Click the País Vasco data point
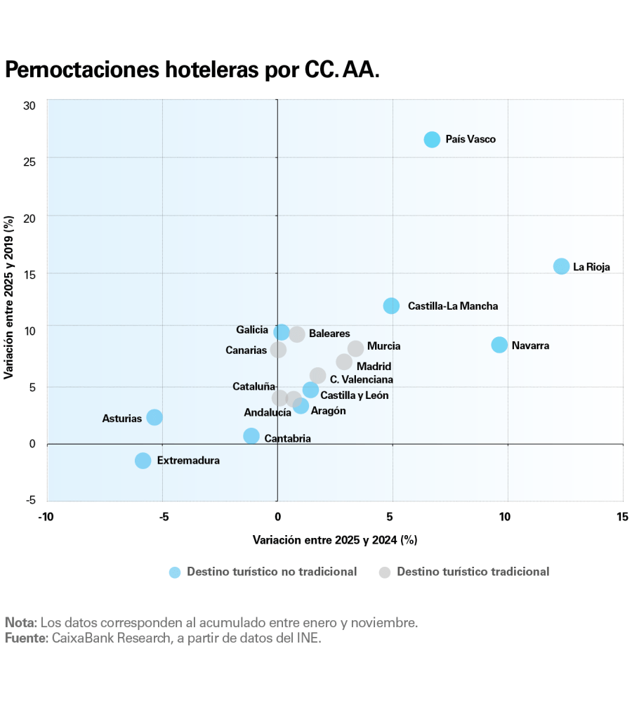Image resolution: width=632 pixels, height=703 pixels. point(432,139)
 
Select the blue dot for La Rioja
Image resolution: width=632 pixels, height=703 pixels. point(561,266)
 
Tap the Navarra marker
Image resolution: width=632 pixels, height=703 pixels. point(499,345)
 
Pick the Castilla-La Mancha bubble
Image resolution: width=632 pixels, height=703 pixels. point(391,305)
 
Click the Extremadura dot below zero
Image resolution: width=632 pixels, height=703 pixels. point(143,461)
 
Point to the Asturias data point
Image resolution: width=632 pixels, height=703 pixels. point(154,417)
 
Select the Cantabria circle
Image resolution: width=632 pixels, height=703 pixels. point(251,436)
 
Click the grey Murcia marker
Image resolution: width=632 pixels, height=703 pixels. point(356,348)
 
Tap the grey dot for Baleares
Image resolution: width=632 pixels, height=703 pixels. point(297,334)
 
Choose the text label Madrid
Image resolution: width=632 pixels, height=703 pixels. point(374,366)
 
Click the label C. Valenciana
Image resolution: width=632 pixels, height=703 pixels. point(362,379)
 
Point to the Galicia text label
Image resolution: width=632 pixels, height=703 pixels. point(252,329)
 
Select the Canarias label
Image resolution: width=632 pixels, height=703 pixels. point(246,350)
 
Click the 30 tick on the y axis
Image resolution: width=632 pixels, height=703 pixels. point(29,106)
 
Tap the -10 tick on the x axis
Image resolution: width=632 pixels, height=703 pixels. point(46,518)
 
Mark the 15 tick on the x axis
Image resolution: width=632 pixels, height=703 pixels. point(622,518)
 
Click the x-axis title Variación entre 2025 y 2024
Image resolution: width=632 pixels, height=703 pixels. point(335,540)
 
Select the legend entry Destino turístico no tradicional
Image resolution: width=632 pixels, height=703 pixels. point(271,572)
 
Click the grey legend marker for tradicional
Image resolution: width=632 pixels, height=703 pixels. point(384,572)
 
